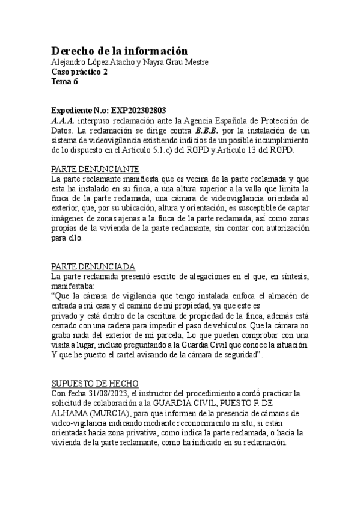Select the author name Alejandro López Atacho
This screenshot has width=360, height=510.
(87, 63)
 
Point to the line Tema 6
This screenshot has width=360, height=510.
(65, 82)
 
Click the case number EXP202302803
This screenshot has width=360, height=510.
(139, 111)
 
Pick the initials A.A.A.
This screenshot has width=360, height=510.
(63, 120)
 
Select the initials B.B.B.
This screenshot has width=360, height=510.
(207, 130)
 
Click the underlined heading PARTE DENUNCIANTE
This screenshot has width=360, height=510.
(95, 169)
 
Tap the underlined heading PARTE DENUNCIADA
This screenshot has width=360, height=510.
(93, 266)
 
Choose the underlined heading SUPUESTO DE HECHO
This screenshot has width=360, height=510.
(95, 383)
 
